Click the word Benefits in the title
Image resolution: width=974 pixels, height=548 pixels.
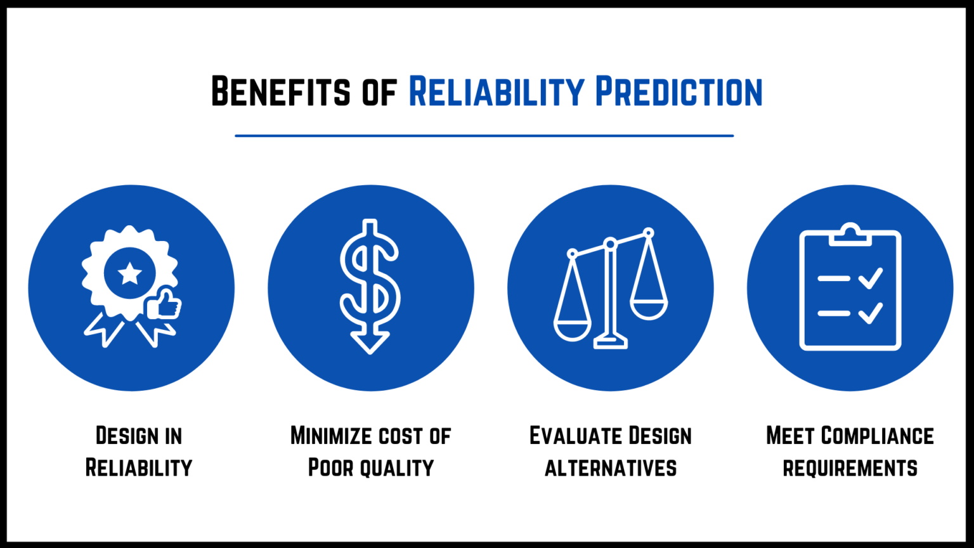[280, 92]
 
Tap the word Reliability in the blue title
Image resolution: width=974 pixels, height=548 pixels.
[496, 92]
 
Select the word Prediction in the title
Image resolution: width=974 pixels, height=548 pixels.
[679, 92]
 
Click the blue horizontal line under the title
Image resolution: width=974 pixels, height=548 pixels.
[484, 136]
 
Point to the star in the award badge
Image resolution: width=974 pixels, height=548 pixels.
[130, 273]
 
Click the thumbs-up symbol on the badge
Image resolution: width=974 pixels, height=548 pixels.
[164, 304]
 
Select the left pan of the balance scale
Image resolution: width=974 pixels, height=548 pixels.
[572, 330]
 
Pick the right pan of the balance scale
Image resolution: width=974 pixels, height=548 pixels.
[649, 309]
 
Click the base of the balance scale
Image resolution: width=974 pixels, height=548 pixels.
[611, 343]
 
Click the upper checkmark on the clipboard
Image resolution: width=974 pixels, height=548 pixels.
[870, 278]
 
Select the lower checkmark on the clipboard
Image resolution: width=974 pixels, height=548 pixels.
[870, 313]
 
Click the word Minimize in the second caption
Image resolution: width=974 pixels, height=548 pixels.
[331, 436]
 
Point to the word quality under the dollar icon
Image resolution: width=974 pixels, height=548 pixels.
[398, 468]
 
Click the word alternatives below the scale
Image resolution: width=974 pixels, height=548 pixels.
[611, 468]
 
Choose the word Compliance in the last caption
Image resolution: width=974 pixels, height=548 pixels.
[877, 436]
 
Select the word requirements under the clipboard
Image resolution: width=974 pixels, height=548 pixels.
[850, 468]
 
